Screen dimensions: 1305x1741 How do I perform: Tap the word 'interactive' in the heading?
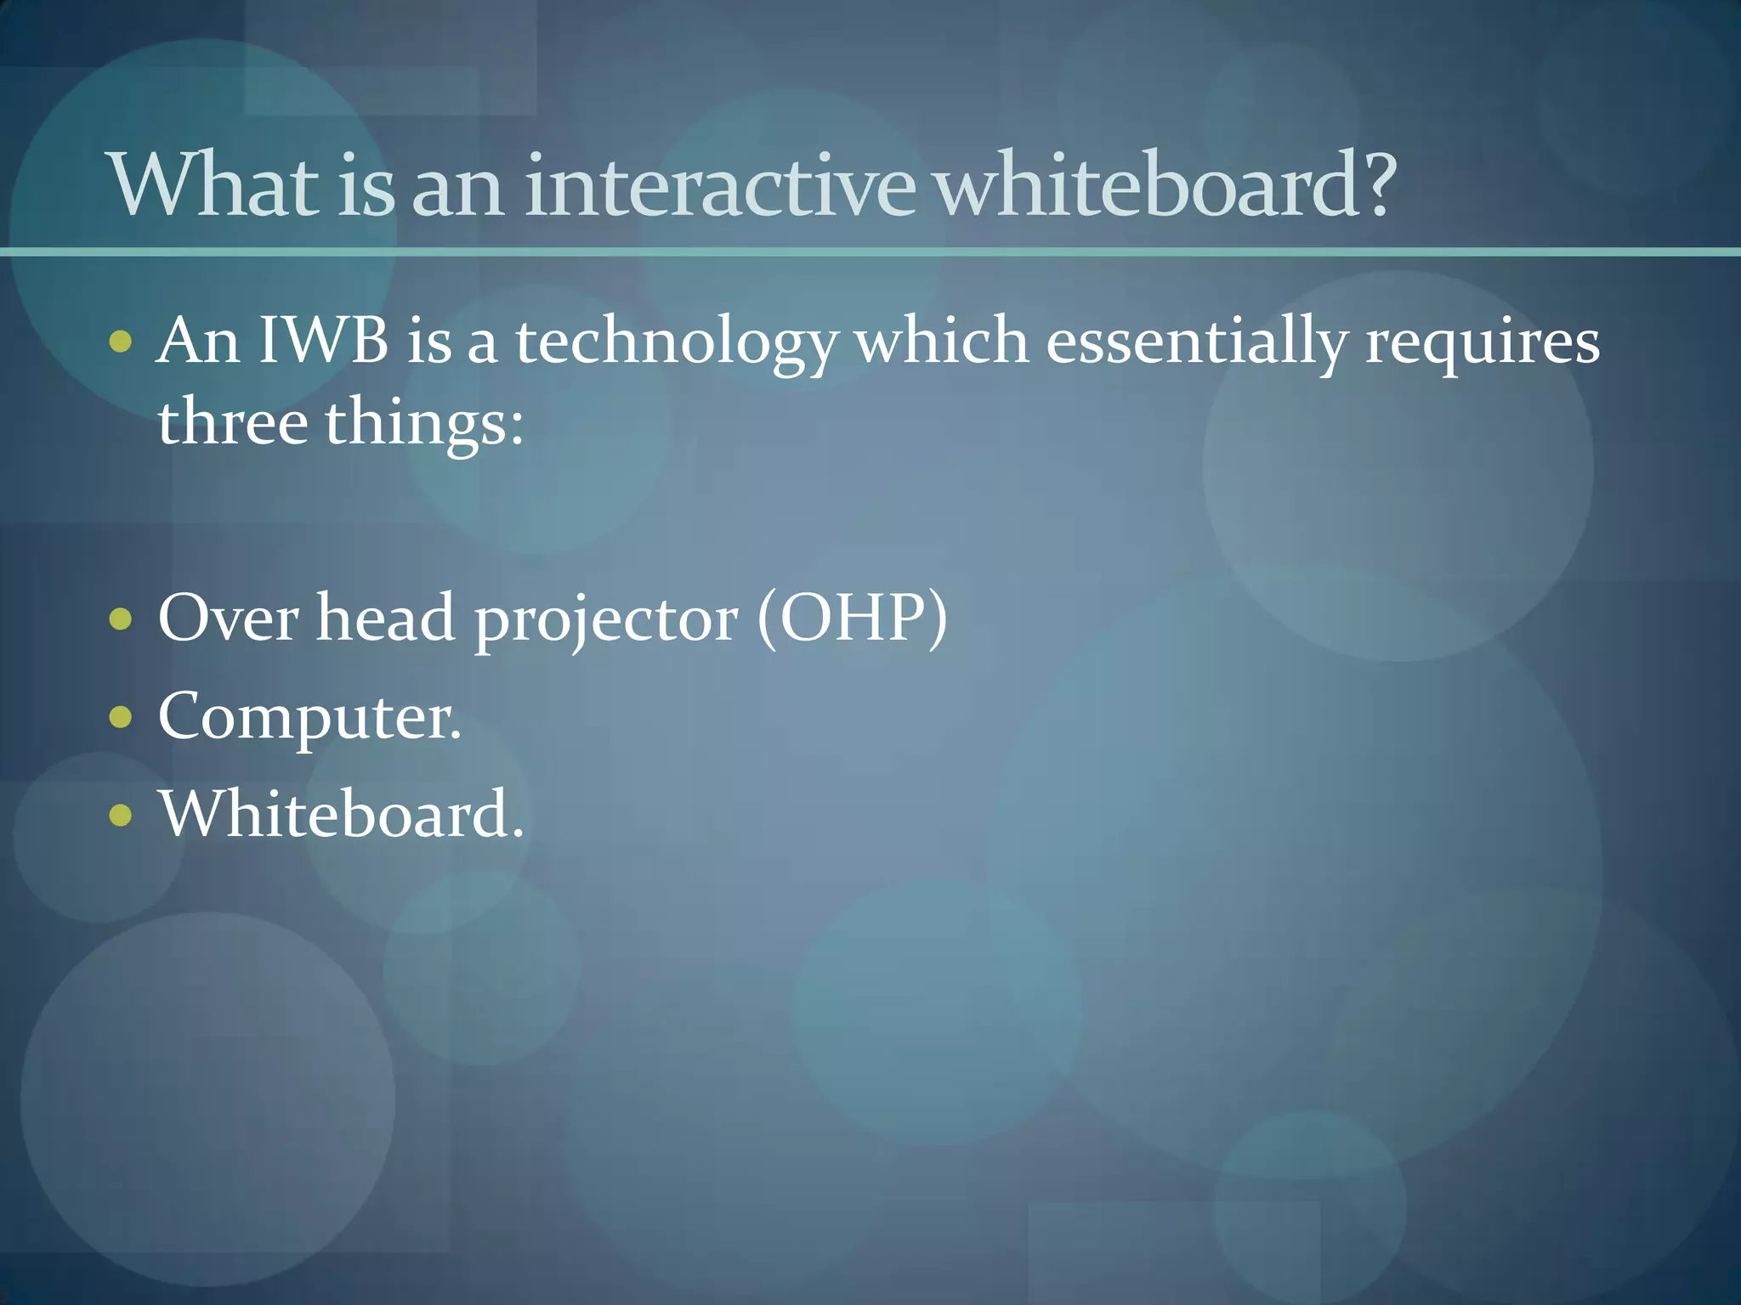pos(719,184)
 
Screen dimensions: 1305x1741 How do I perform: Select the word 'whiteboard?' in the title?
pos(1166,184)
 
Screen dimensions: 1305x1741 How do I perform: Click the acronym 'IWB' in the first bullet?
pos(323,341)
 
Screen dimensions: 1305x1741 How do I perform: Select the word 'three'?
pos(232,422)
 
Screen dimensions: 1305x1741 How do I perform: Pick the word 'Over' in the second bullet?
pos(228,618)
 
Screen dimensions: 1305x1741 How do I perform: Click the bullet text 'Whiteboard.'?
pos(341,814)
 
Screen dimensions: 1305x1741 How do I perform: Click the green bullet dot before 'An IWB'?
pos(122,342)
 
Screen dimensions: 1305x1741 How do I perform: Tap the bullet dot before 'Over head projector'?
pos(122,619)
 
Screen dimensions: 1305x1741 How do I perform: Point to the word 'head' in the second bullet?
pos(386,618)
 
